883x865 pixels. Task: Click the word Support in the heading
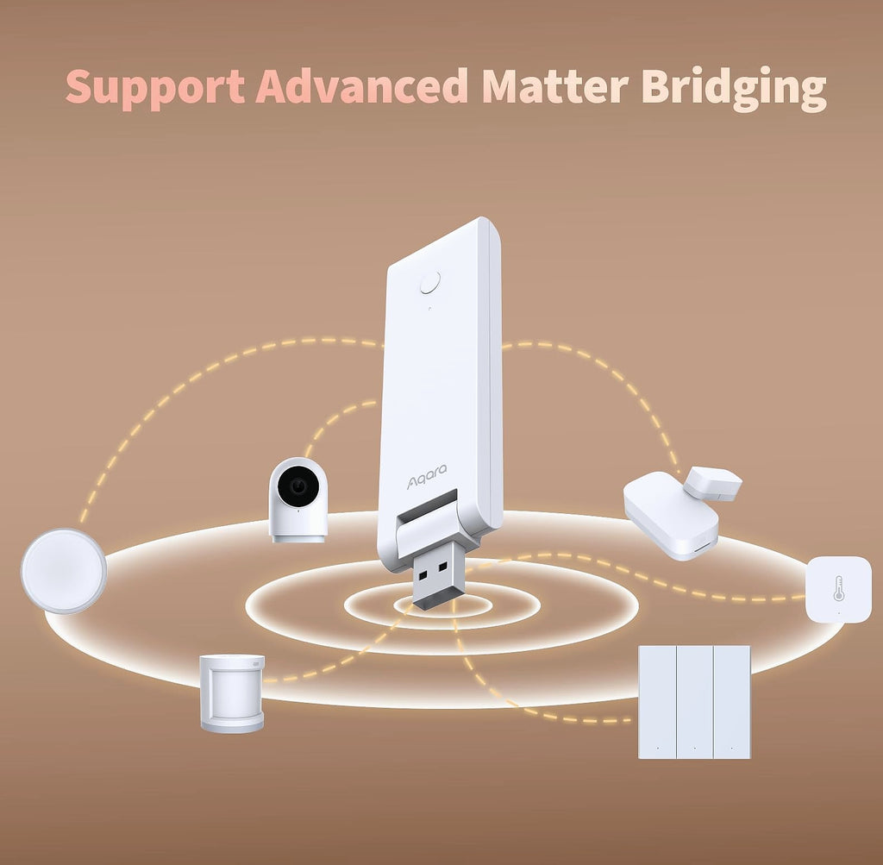click(155, 87)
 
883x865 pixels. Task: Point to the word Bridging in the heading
click(734, 88)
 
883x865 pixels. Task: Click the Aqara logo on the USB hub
click(427, 476)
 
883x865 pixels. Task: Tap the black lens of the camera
click(298, 486)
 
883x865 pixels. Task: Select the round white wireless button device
click(64, 570)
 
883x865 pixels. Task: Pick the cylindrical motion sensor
click(232, 693)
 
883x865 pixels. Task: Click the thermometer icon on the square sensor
click(838, 588)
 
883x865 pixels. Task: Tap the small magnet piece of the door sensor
click(713, 483)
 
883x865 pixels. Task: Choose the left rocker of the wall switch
click(657, 702)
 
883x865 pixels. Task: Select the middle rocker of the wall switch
click(694, 702)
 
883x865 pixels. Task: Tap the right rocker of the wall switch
click(731, 702)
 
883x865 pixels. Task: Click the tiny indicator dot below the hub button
click(429, 308)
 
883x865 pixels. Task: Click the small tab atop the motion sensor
click(257, 665)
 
